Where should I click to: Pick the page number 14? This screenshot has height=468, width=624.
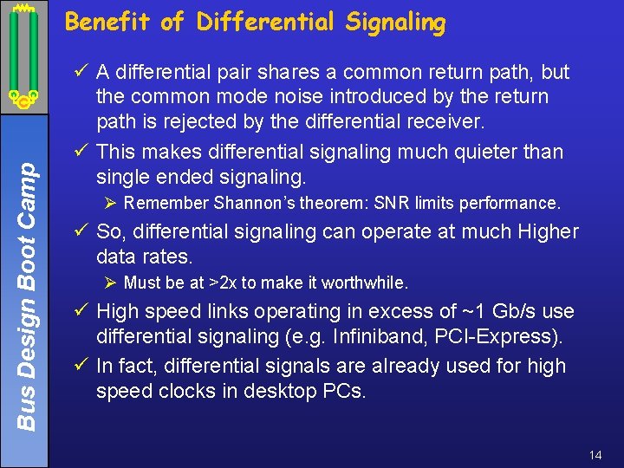coord(595,455)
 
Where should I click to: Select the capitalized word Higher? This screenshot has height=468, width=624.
coord(546,231)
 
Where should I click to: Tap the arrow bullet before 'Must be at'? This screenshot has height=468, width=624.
coord(110,283)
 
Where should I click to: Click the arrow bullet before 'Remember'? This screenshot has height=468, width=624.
coord(110,204)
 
